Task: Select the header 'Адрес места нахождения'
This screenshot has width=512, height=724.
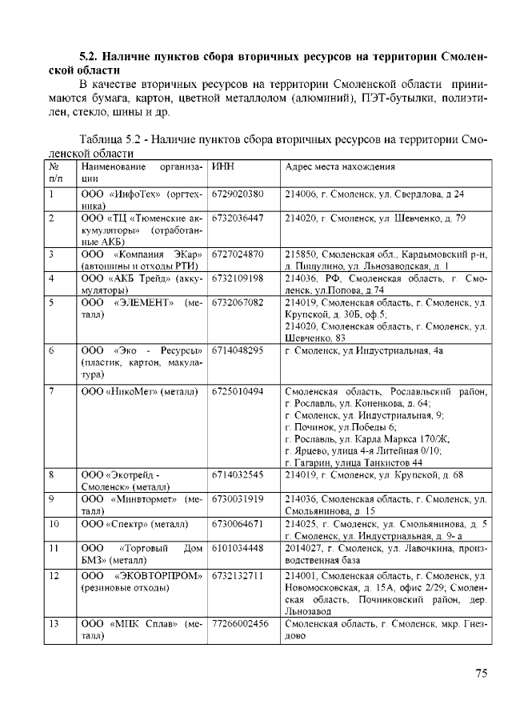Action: [x=340, y=167]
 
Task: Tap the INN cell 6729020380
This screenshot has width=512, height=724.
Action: [x=238, y=194]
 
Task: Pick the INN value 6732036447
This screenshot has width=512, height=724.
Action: [x=238, y=218]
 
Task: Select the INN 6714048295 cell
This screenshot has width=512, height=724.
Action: [x=238, y=350]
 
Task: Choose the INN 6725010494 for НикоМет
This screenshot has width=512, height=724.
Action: [x=238, y=391]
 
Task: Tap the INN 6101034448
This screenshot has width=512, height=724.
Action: [x=238, y=548]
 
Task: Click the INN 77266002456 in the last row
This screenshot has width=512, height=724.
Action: [x=240, y=623]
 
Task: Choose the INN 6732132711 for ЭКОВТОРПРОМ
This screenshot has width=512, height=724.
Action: [x=238, y=575]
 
